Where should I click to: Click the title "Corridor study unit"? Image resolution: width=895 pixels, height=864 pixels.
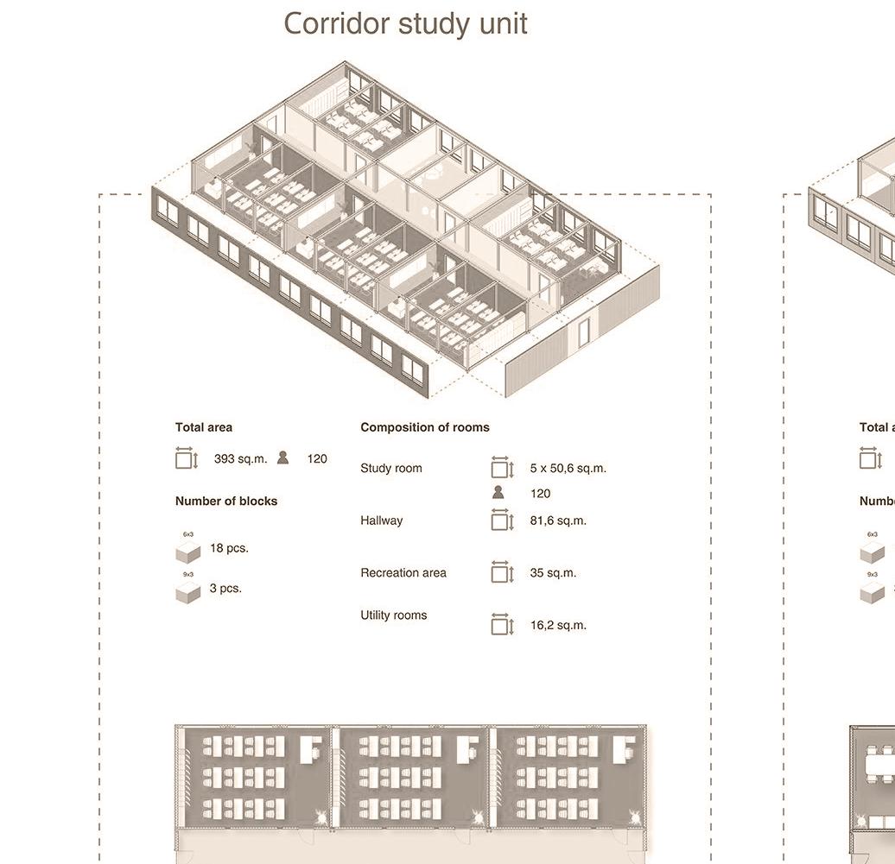click(405, 23)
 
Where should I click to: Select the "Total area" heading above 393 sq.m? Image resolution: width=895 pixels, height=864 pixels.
click(203, 427)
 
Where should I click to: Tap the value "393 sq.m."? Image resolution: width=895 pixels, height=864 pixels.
click(240, 459)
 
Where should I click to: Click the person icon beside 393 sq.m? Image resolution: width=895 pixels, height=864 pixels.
click(282, 458)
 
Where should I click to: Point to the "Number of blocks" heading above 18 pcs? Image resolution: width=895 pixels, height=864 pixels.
click(226, 501)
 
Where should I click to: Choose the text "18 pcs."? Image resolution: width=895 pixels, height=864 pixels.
click(229, 548)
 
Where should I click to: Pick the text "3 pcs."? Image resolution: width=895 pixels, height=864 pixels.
click(225, 589)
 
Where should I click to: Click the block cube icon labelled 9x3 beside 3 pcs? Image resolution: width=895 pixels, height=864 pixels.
click(187, 592)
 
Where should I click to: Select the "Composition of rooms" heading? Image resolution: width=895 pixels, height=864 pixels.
click(425, 427)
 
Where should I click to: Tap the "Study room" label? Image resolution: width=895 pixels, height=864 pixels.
click(391, 469)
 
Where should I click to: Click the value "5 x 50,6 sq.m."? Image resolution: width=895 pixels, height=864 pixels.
click(568, 469)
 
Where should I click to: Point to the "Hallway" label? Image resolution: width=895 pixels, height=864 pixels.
click(381, 521)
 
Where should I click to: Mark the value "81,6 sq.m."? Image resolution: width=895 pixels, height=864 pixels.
click(558, 521)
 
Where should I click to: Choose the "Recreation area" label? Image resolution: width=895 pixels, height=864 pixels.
click(403, 573)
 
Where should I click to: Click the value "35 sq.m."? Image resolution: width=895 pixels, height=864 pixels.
click(553, 573)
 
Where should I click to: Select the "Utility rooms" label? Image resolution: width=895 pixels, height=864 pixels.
click(394, 615)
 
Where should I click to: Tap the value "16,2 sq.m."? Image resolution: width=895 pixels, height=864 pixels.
click(558, 625)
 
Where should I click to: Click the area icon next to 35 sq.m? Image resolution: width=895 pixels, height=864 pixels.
click(502, 572)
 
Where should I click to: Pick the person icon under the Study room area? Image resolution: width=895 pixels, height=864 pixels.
click(498, 493)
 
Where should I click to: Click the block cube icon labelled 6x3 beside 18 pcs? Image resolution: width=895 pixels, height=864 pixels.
click(187, 552)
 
